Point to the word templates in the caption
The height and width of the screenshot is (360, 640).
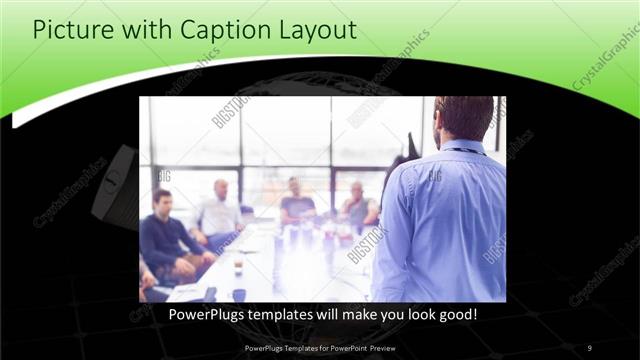click(x=294, y=314)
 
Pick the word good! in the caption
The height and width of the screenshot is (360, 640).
click(x=455, y=314)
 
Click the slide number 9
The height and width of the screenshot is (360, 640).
click(x=589, y=347)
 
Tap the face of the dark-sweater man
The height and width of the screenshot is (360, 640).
click(x=161, y=203)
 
